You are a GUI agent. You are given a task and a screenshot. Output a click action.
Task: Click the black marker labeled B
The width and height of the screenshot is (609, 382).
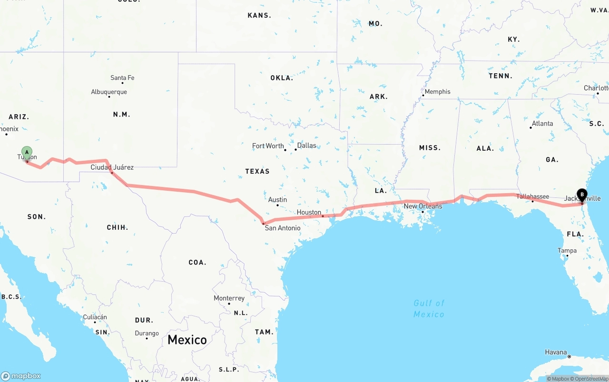pos(582,195)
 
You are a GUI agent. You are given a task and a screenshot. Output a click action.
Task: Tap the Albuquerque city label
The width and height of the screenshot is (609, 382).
pos(109,92)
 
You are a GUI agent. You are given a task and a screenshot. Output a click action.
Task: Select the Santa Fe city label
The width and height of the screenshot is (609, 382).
pos(122,78)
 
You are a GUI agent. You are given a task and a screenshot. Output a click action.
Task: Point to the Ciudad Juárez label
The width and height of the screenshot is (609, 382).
pos(112,167)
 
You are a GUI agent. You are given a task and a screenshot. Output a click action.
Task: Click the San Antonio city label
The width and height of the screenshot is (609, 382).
pos(283,228)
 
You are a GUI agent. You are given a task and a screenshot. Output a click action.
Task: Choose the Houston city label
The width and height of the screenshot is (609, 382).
pos(309,212)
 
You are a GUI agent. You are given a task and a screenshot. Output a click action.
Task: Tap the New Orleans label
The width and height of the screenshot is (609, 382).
pos(423,206)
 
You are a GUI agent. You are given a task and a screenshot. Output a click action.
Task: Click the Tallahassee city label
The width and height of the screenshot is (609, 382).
pos(532,196)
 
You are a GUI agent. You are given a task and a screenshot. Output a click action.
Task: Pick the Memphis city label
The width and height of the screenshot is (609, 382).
pos(437,91)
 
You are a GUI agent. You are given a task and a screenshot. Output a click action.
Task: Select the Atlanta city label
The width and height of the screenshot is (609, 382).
pos(542,123)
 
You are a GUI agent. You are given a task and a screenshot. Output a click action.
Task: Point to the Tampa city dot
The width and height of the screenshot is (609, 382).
pos(567,256)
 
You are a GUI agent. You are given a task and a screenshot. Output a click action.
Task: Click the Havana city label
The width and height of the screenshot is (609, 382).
pos(556,353)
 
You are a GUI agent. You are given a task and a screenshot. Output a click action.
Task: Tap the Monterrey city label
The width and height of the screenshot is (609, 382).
pos(229,298)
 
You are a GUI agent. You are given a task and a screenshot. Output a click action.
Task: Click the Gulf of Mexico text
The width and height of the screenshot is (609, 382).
pos(429,308)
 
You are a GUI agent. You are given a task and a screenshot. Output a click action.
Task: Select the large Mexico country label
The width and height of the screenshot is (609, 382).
pos(187,340)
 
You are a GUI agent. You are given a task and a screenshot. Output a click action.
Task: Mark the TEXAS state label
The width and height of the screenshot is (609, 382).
pos(257,171)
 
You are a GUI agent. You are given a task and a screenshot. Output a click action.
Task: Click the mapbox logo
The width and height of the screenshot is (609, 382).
pos(21,376)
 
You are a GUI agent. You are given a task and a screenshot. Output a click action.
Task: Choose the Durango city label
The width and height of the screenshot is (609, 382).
pos(147,333)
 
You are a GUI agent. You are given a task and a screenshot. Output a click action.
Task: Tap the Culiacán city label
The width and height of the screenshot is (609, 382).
pos(95,317)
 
